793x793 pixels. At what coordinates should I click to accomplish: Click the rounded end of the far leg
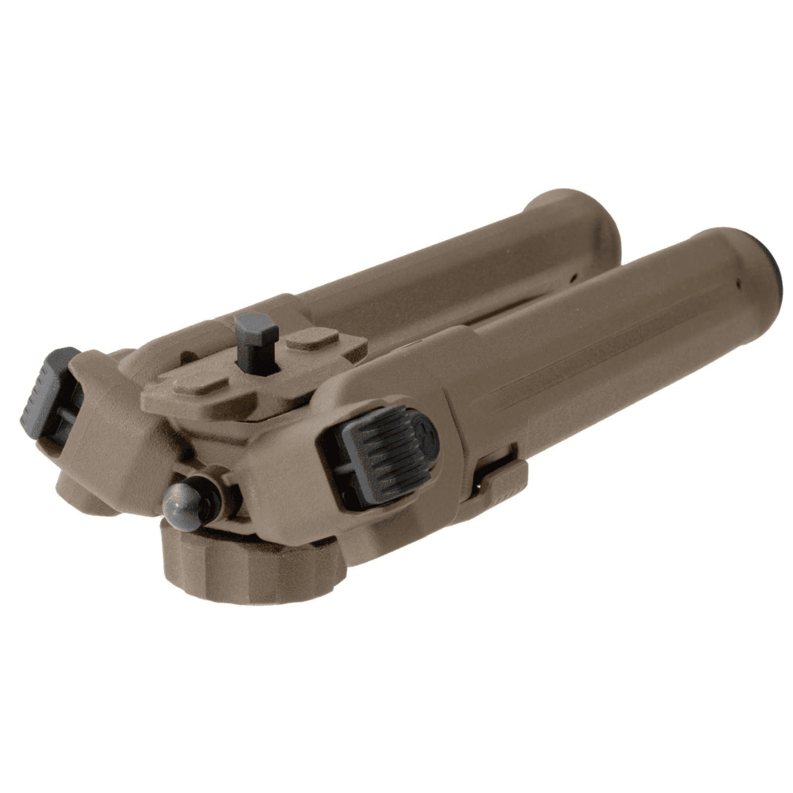pyautogui.click(x=582, y=218)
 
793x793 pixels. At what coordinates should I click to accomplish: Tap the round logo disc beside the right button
pyautogui.click(x=423, y=430)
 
